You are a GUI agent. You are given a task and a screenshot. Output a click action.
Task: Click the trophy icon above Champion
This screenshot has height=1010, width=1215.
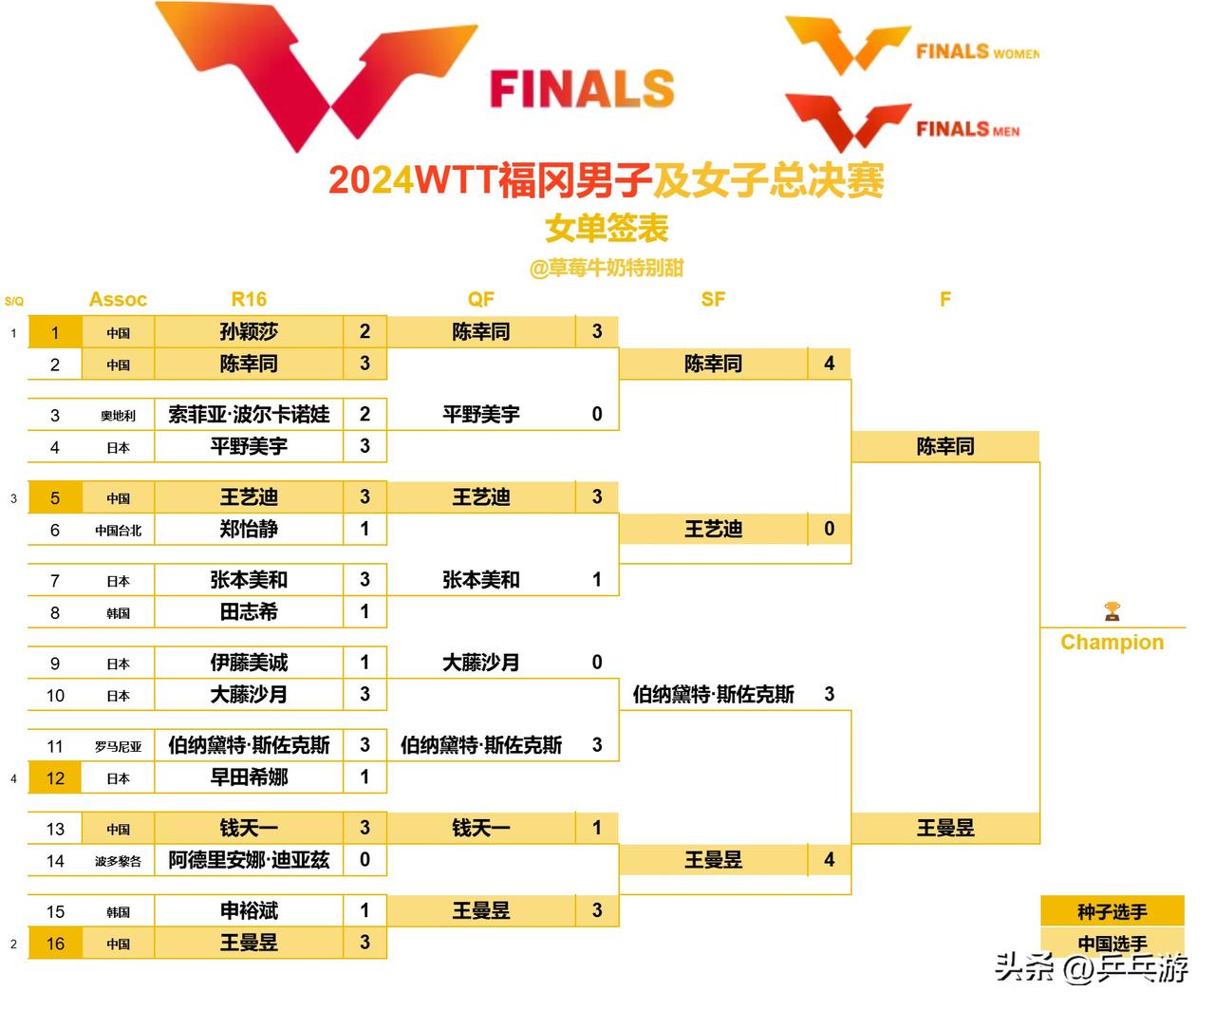(1112, 610)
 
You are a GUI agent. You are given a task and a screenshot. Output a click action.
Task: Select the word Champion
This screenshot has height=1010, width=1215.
(1112, 643)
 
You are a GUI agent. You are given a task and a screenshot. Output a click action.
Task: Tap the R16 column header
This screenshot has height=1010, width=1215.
(249, 299)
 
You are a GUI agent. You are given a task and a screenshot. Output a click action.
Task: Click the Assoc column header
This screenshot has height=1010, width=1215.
(118, 300)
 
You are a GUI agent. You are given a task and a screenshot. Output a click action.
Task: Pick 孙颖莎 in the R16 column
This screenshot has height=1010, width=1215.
(249, 332)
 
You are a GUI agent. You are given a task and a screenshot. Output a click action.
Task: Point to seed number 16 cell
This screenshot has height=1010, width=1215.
(55, 944)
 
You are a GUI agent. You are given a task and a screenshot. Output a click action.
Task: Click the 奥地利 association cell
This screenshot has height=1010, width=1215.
(118, 416)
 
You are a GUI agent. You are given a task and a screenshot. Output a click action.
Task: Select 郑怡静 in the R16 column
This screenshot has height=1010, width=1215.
(249, 530)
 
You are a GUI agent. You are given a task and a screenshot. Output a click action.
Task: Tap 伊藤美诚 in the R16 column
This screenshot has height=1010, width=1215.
(249, 663)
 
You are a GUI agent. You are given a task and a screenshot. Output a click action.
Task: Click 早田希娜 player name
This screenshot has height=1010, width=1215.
(249, 777)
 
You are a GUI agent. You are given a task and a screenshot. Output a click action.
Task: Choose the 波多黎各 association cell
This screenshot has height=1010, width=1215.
(118, 861)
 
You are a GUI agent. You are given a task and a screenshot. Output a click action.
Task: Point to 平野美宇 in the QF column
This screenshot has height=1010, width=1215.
(481, 415)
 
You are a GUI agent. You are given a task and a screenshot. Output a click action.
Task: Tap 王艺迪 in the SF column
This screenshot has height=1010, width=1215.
(713, 530)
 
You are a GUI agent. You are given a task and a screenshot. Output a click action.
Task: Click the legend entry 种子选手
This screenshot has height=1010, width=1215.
(1112, 912)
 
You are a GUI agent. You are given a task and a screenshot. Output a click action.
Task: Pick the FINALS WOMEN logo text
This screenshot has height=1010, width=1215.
(977, 52)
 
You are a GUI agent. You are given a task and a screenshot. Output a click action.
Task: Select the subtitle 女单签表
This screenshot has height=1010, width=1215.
(607, 228)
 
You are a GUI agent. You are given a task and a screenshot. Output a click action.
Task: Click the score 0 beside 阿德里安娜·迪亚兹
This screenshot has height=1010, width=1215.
(364, 860)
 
